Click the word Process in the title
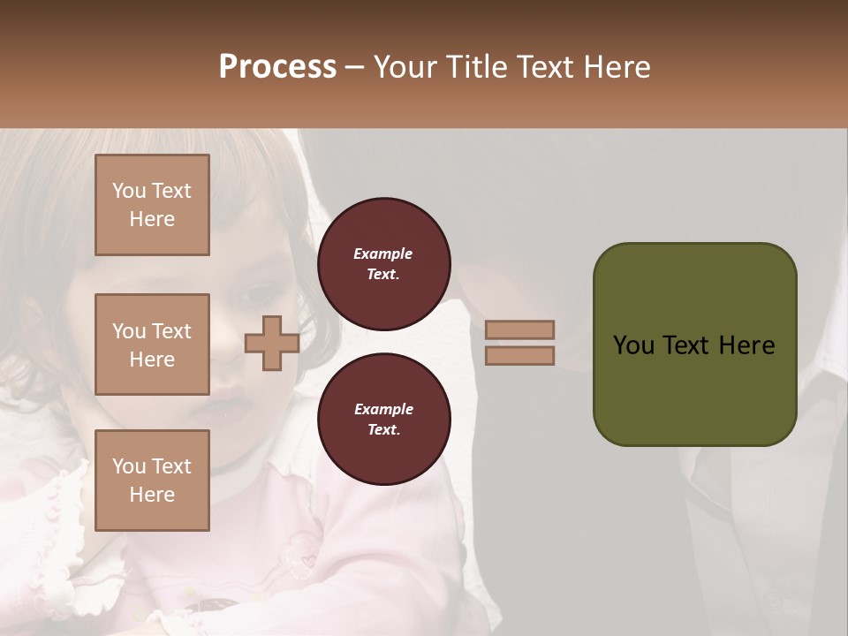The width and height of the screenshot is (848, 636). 277,67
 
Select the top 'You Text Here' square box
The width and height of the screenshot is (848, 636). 152,205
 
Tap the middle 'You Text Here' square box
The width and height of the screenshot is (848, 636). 152,344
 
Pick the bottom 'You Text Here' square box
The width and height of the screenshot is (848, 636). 152,481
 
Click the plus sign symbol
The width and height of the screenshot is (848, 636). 272,344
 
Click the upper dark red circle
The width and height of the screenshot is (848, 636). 383,263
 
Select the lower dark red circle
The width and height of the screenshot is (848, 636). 383,419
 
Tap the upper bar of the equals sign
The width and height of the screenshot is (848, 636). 519,330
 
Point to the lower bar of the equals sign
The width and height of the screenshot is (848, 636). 519,356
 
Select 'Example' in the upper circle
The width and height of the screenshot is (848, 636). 383,254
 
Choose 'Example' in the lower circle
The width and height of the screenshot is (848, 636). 383,409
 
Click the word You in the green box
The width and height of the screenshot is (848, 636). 633,345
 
